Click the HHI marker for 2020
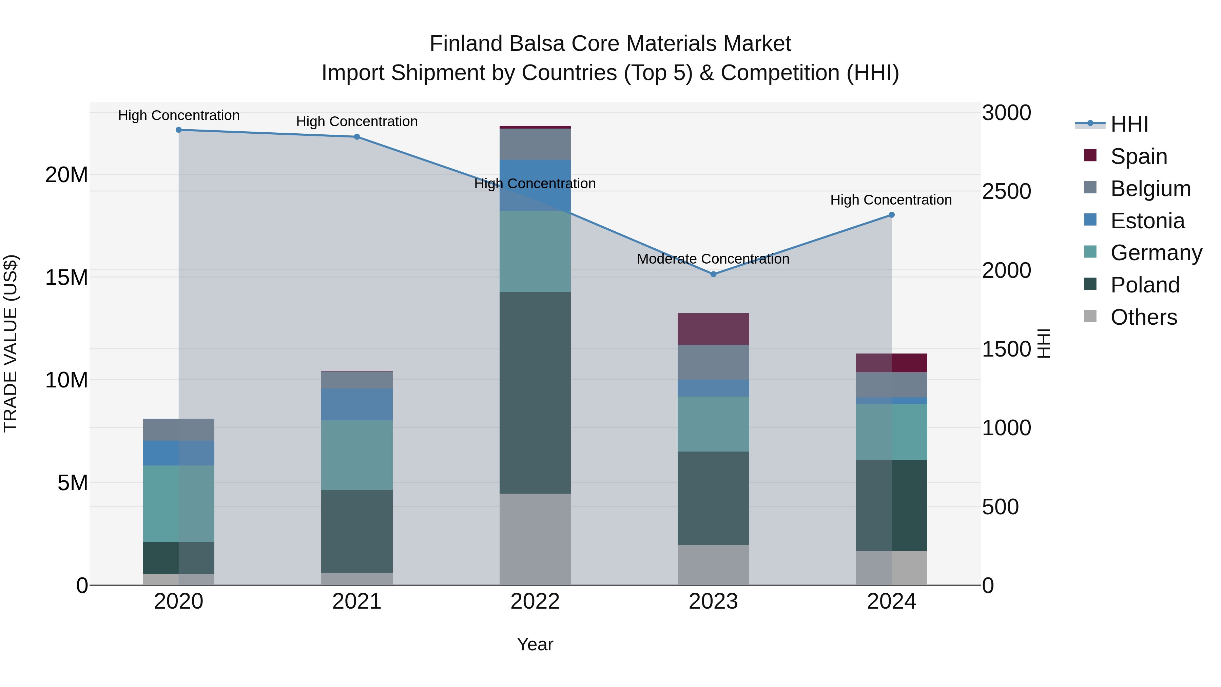pos(179,130)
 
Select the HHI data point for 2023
pos(713,274)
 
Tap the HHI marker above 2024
pos(891,215)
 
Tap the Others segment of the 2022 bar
pos(535,539)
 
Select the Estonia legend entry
pos(1147,221)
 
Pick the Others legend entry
pos(1143,317)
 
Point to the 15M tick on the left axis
pos(66,278)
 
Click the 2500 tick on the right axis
pos(1006,192)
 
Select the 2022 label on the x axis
pos(535,602)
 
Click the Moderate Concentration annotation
pos(713,259)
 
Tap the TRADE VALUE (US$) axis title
pos(11,343)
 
